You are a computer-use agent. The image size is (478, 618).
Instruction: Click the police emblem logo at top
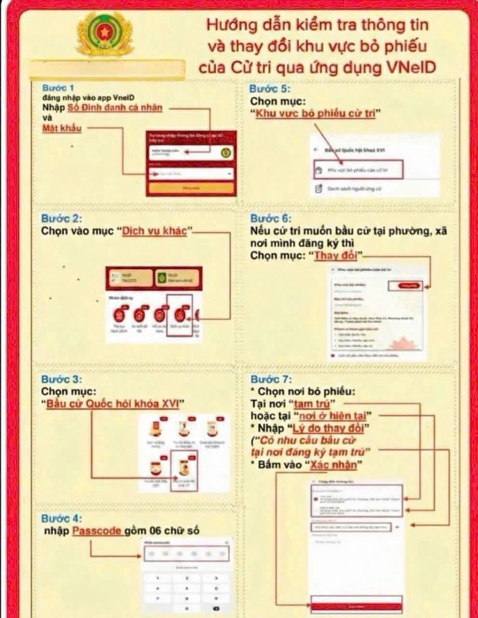tap(105, 34)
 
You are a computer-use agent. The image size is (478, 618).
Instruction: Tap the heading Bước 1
tap(57, 88)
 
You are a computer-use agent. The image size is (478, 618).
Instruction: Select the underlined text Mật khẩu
tap(61, 128)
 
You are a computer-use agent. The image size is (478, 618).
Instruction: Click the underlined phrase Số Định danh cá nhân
tap(115, 108)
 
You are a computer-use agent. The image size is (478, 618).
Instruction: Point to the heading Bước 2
tap(59, 218)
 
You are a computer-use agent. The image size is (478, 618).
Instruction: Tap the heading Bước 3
tap(59, 380)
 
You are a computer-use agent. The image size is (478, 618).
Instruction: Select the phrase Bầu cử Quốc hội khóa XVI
tap(113, 403)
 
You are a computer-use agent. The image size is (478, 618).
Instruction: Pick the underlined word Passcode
tap(97, 531)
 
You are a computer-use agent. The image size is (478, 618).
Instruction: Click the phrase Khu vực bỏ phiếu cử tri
tap(315, 114)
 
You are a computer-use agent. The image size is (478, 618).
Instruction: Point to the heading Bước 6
tap(268, 218)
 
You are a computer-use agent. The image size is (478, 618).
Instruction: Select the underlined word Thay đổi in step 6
tap(338, 255)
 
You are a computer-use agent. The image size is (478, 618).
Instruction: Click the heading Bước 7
tap(268, 380)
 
